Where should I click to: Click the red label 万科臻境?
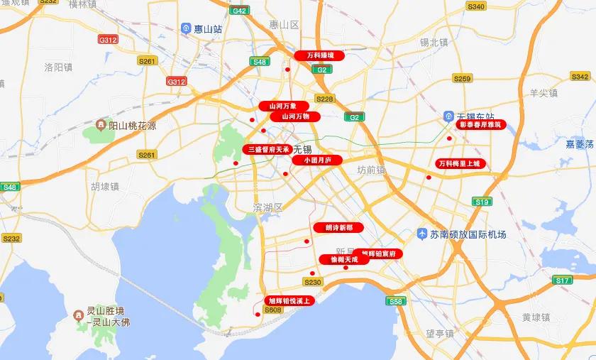point(319,55)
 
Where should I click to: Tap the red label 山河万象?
point(282,106)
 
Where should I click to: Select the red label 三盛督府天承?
point(267,149)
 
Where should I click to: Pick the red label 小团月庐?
point(317,160)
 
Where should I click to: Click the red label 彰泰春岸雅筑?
point(480,124)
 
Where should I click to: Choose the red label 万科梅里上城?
point(459,163)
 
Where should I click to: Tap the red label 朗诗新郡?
point(338,228)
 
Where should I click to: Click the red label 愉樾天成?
point(344,260)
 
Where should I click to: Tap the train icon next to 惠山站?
point(187,29)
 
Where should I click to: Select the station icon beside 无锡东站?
point(448,116)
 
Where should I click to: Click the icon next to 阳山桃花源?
point(101,125)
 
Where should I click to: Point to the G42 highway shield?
point(239,11)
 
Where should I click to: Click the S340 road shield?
point(476,6)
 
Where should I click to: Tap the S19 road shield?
point(482,202)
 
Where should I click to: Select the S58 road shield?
point(395,302)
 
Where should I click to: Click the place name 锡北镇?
point(434,43)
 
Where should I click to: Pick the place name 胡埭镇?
point(105,187)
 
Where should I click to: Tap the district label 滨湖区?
point(268,207)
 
